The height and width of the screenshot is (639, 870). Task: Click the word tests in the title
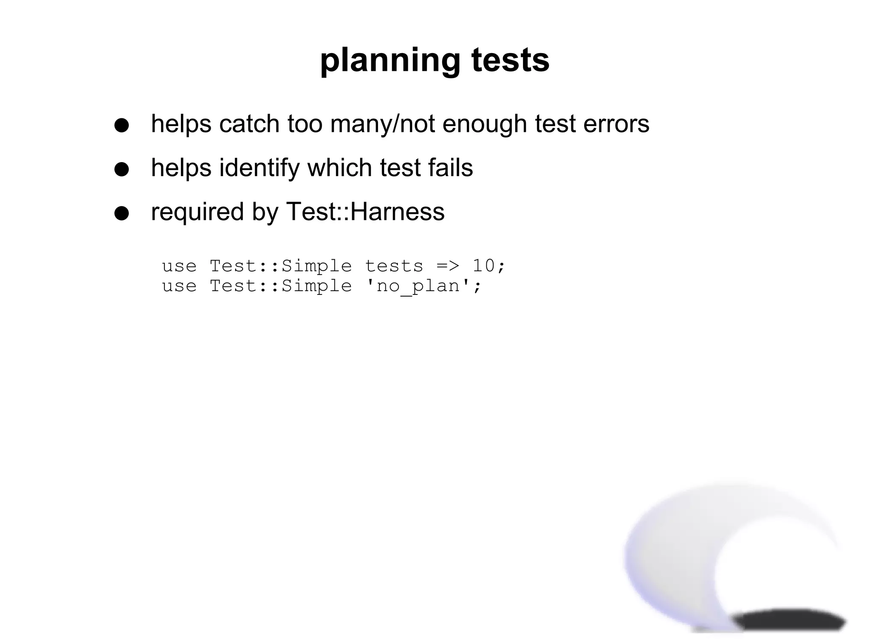click(x=510, y=61)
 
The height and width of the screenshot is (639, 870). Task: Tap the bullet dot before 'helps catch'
click(x=121, y=125)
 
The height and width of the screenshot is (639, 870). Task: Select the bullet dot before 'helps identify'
click(x=121, y=169)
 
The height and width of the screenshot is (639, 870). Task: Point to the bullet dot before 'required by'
click(x=121, y=213)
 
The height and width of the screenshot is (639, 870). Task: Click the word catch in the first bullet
click(x=249, y=124)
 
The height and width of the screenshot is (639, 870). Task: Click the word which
click(x=339, y=168)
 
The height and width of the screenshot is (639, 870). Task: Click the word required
click(x=197, y=212)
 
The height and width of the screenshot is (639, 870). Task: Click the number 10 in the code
click(x=484, y=266)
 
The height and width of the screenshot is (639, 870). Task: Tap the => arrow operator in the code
click(x=448, y=266)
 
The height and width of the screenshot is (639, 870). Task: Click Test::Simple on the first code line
click(x=281, y=266)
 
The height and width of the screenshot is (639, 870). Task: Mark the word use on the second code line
click(x=179, y=286)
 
